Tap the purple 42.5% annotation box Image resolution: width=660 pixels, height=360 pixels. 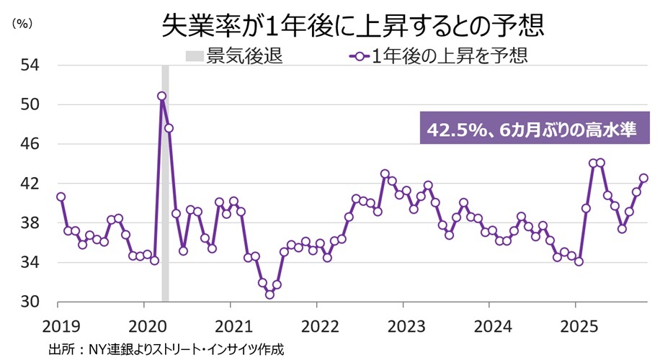(534, 130)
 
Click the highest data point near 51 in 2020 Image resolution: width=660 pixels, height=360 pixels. (161, 96)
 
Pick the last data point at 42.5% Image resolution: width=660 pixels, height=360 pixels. (643, 178)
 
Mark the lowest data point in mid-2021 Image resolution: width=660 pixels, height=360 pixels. (269, 294)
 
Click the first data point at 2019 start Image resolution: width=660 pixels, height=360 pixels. (61, 197)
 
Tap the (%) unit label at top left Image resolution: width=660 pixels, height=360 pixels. (22, 24)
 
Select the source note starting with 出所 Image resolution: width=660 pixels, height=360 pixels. (166, 349)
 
